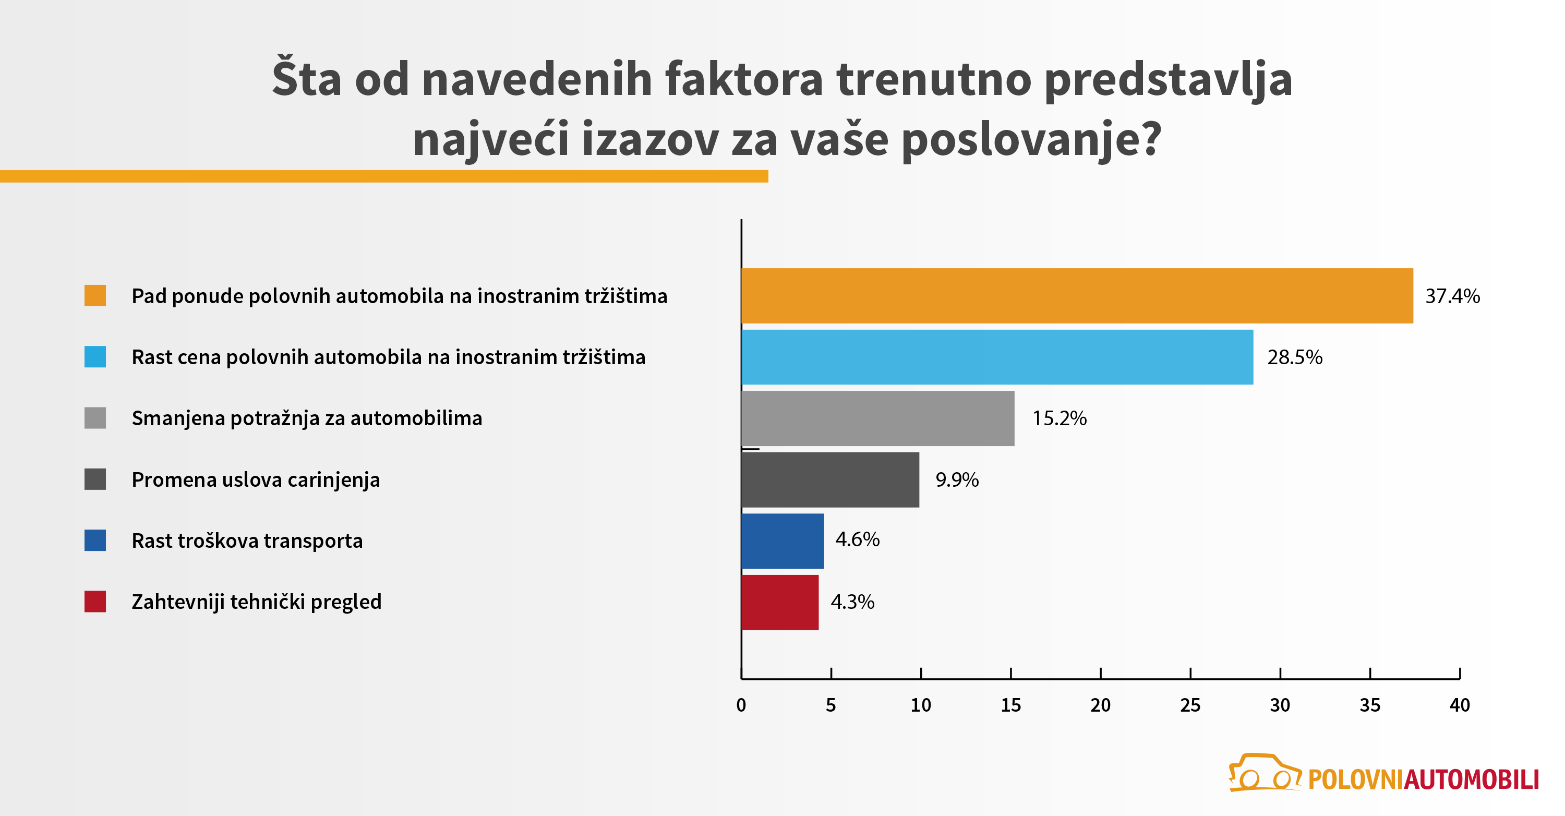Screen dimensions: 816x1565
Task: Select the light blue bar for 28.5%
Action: [x=997, y=357]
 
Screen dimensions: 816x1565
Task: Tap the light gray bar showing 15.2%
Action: [x=878, y=418]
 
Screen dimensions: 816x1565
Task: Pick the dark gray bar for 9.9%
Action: [x=830, y=480]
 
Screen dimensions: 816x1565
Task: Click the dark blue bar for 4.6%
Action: [x=782, y=541]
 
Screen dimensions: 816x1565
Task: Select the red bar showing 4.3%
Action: [x=780, y=603]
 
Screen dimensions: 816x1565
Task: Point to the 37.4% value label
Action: [x=1452, y=296]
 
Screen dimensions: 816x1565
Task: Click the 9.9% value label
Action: [x=957, y=480]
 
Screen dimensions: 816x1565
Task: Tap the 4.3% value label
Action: [x=852, y=602]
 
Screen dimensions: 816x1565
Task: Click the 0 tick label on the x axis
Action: [x=741, y=705]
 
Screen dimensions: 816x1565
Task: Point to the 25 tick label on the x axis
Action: [x=1190, y=705]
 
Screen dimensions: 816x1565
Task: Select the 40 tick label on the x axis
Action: [x=1459, y=705]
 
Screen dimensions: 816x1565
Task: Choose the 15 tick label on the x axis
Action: [x=1010, y=705]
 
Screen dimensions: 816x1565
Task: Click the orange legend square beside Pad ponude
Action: [x=95, y=296]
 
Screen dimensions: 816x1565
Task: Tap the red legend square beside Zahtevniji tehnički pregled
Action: [x=95, y=602]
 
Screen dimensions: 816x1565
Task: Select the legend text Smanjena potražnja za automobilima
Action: [x=307, y=418]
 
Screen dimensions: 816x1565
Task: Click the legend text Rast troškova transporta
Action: [x=247, y=541]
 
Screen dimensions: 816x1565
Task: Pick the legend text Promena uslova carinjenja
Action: [x=256, y=480]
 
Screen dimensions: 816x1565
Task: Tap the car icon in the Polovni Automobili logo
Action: [x=1263, y=773]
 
